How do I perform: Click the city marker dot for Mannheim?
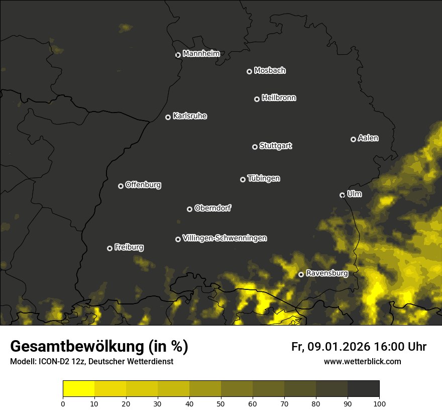click(178, 55)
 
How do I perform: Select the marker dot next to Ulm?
click(342, 195)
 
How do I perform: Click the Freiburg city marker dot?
click(109, 248)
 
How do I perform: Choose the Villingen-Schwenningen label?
click(225, 238)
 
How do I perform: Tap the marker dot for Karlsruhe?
click(168, 118)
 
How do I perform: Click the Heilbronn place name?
click(279, 98)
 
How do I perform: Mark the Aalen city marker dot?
click(353, 139)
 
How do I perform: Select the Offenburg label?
click(143, 185)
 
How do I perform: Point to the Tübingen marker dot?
click(243, 179)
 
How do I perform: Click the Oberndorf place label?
click(212, 208)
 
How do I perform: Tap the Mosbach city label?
click(270, 70)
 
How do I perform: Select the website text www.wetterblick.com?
click(362, 361)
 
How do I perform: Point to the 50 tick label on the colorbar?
click(221, 403)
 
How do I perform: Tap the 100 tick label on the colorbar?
click(379, 403)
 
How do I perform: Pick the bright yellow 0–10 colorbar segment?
click(79, 389)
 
